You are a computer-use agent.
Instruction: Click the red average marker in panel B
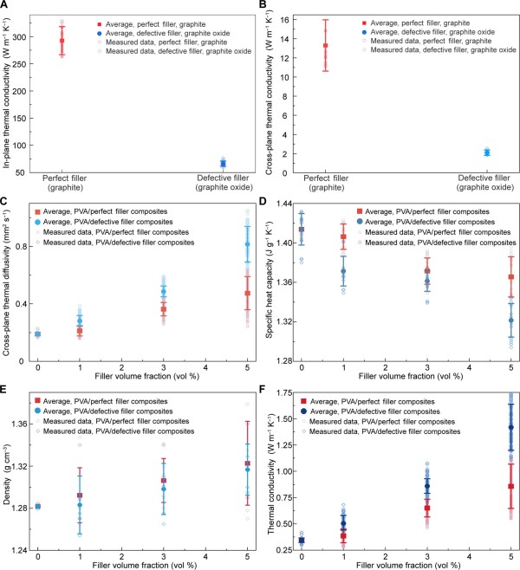click(x=326, y=45)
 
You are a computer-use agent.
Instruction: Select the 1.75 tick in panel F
click(x=289, y=394)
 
